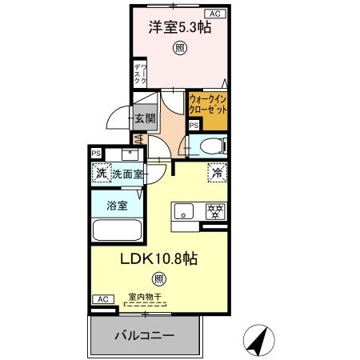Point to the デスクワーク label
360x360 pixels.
[x=139, y=74]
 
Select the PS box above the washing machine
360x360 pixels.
[x=97, y=153]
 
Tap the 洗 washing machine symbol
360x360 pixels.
[x=102, y=173]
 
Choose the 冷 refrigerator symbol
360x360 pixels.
[x=217, y=171]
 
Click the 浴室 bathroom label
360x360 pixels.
[x=117, y=206]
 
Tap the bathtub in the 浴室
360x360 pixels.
[x=117, y=230]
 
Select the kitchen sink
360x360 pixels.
[x=185, y=213]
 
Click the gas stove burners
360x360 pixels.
[x=214, y=212]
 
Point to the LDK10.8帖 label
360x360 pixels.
[x=160, y=258]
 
